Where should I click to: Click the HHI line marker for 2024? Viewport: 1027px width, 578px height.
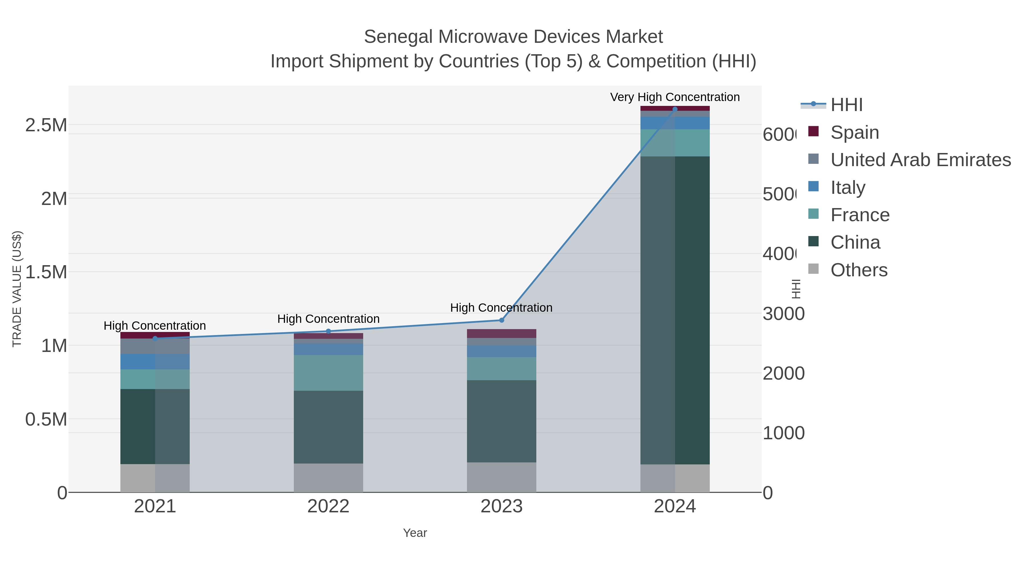(675, 109)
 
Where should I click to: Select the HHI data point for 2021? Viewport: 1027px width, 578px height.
(155, 339)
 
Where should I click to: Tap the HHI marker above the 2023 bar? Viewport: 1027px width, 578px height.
(502, 320)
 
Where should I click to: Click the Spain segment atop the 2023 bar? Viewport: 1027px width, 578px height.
(501, 333)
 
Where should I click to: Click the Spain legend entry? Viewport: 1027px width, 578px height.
(854, 132)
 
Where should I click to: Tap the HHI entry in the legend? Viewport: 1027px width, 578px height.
(846, 105)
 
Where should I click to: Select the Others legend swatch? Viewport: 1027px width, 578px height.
(813, 269)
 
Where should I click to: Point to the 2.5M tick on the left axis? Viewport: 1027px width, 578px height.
(46, 125)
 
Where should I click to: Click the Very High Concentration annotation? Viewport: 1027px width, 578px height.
(675, 97)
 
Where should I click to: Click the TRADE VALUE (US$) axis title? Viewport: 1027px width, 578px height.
(17, 289)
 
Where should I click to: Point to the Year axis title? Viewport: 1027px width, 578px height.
(415, 533)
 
